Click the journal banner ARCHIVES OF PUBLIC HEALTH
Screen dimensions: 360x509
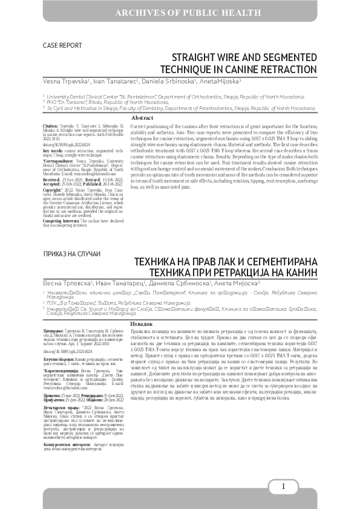point(180,11)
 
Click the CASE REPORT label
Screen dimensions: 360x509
point(62,45)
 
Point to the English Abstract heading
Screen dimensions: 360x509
point(142,117)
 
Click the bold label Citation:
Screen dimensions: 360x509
point(51,123)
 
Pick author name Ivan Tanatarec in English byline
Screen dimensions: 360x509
point(116,81)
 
